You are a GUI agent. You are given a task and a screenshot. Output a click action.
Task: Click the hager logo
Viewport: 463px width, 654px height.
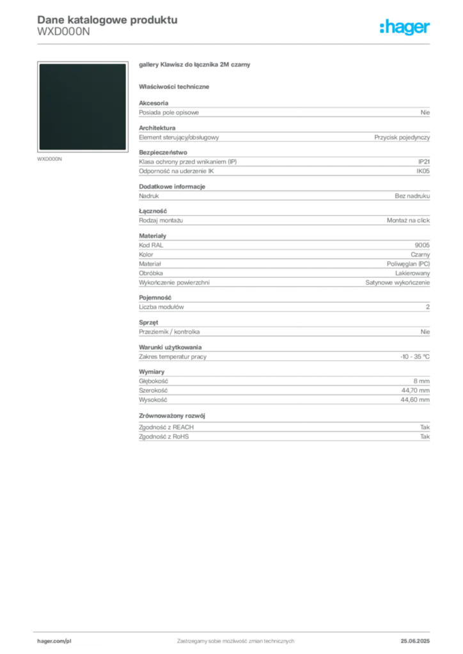(x=404, y=27)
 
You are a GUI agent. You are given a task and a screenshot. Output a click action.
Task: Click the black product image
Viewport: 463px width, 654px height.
(x=82, y=107)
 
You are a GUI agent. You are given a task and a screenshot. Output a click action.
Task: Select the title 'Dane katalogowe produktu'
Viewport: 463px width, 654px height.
(x=107, y=20)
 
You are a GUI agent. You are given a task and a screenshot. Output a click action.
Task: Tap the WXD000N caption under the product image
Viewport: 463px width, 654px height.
(x=49, y=159)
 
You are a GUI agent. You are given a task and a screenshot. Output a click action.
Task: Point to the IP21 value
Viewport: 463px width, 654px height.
(x=424, y=162)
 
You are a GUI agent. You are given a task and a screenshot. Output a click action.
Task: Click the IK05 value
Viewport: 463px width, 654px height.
(x=423, y=171)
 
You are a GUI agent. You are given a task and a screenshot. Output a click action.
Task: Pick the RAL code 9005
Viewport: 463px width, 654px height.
(x=422, y=245)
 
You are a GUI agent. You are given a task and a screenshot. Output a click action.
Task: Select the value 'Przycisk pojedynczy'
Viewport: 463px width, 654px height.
(x=402, y=137)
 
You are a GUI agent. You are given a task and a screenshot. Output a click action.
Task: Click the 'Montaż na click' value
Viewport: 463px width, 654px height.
(x=408, y=220)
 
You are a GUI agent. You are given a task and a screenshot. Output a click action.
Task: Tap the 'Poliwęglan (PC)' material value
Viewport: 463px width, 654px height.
(x=408, y=264)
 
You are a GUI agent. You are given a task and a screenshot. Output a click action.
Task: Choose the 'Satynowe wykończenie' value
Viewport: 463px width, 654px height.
(x=398, y=283)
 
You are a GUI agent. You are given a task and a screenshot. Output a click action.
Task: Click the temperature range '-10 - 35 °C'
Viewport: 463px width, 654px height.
(x=415, y=356)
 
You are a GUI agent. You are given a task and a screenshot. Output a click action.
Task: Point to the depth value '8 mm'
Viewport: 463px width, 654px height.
(x=421, y=381)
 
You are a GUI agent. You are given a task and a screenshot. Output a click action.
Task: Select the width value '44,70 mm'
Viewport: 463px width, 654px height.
(x=416, y=390)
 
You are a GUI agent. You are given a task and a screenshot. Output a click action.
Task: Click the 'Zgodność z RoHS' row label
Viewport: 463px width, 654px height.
(x=164, y=437)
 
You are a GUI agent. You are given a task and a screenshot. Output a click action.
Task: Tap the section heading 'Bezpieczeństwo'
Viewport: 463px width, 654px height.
(x=163, y=153)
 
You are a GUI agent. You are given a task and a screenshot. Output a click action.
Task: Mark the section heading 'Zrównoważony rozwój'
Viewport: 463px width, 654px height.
(x=172, y=416)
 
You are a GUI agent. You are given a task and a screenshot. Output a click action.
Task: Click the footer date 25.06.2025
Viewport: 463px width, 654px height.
(x=415, y=641)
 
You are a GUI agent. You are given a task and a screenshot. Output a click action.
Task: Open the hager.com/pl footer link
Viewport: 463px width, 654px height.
(x=54, y=641)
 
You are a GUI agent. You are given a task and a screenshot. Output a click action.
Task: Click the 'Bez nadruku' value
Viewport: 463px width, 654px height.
(x=412, y=196)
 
